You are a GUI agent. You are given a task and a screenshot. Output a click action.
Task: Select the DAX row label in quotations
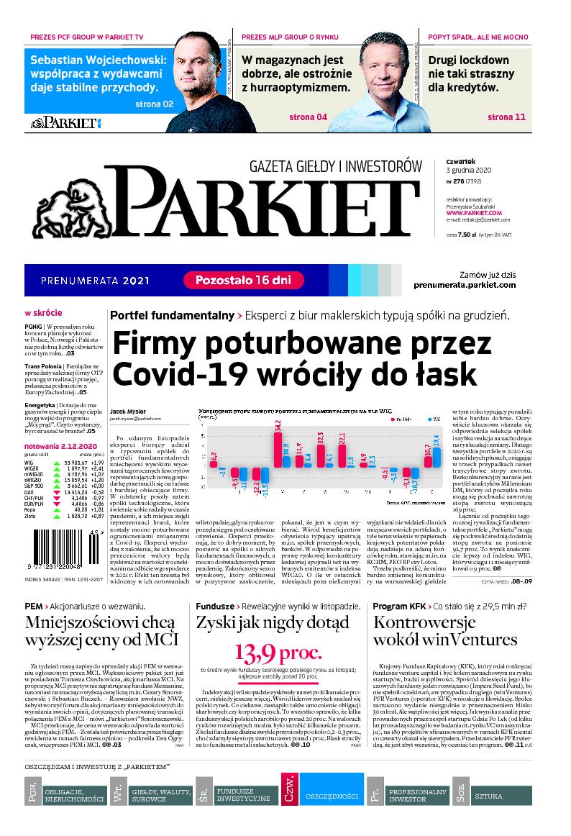click(x=29, y=487)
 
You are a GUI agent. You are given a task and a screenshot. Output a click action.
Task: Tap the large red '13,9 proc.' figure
click(x=276, y=653)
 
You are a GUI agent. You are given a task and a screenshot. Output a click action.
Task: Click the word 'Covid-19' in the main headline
click(x=167, y=373)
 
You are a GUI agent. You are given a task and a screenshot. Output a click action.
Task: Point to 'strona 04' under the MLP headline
click(x=308, y=117)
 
